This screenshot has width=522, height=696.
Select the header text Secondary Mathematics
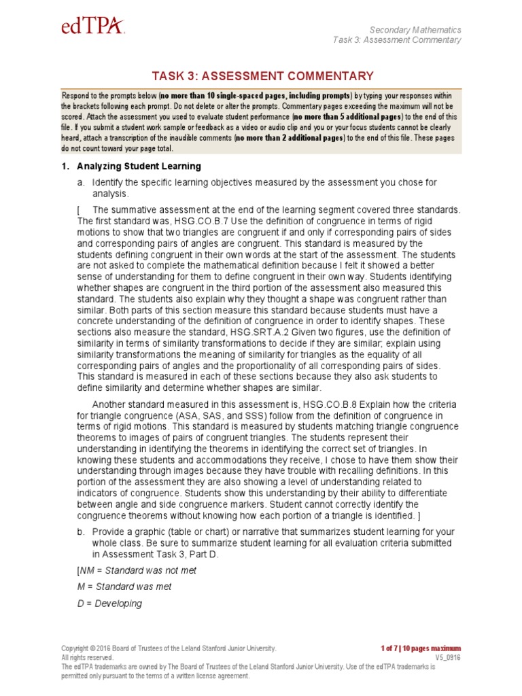click(x=415, y=30)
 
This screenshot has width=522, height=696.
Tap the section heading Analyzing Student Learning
click(x=139, y=167)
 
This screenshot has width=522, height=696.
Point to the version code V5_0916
click(x=448, y=658)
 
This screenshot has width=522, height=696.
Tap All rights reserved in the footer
click(x=87, y=658)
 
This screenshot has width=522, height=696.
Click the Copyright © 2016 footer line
click(x=169, y=648)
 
